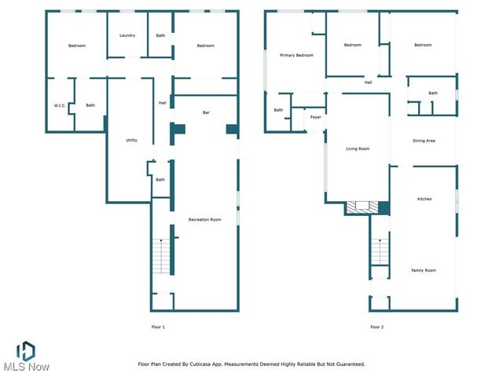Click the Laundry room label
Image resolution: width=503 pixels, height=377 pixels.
[127, 35]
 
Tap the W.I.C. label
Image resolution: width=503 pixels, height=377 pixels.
[59, 105]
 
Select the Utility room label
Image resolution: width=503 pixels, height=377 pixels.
[131, 141]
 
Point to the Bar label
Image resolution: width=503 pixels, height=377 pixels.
[206, 113]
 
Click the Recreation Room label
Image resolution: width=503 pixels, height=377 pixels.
[204, 219]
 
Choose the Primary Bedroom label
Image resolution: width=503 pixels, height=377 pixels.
[297, 55]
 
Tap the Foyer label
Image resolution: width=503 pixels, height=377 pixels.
[315, 117]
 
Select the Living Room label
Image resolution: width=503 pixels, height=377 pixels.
[358, 148]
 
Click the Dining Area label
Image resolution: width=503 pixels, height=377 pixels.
[424, 141]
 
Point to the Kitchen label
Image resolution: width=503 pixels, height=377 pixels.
[424, 199]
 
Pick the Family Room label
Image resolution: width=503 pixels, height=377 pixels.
[424, 270]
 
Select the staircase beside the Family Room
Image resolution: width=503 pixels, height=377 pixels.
[380, 252]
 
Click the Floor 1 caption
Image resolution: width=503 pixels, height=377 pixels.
[158, 327]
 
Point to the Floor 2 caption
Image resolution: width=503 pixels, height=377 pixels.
[377, 327]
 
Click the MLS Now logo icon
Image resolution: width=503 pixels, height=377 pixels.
[26, 350]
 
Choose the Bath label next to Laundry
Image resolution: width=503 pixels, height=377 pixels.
[160, 35]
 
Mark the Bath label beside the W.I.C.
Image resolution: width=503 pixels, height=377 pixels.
[90, 105]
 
